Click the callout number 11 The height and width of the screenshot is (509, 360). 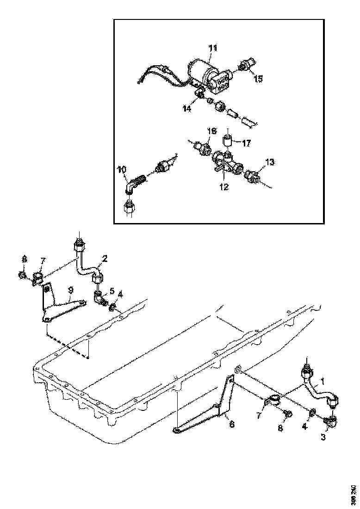212,48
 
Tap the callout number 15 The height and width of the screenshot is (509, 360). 258,79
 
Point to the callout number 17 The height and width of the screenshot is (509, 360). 246,143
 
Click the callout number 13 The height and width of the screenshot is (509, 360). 270,162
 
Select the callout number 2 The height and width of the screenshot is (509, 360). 105,259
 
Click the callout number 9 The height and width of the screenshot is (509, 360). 70,290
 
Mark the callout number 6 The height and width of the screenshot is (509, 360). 232,424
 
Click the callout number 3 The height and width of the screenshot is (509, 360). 323,436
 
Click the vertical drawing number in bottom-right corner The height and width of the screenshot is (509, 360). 354,494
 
